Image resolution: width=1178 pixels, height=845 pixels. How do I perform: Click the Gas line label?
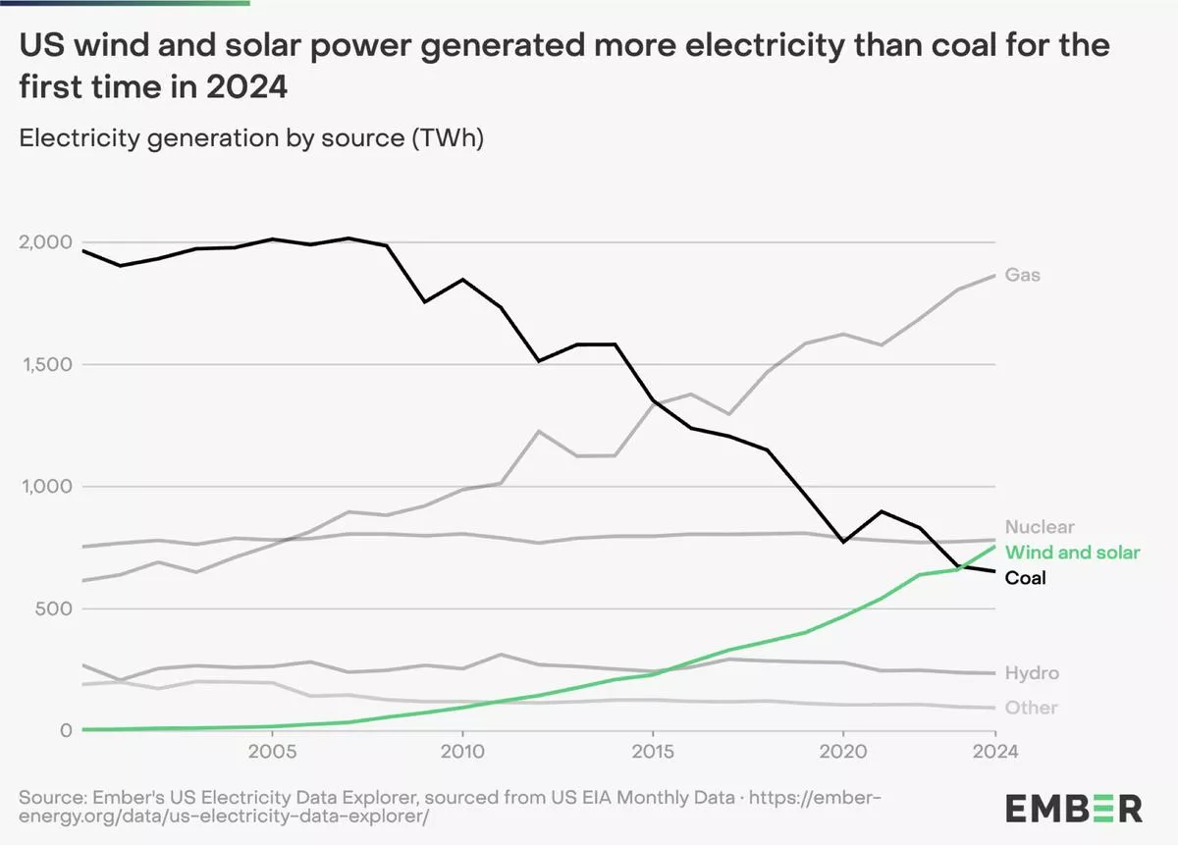pos(1023,276)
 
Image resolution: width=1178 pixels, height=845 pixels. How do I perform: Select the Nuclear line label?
pos(1040,527)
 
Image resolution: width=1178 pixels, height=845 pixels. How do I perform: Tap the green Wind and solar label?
pos(1072,553)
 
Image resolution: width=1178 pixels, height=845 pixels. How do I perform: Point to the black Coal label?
pos(1025,578)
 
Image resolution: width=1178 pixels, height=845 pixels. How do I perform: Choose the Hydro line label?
pos(1032,674)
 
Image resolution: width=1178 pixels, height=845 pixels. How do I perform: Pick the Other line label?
pos(1031,708)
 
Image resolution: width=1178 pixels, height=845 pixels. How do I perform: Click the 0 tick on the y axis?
pos(66,730)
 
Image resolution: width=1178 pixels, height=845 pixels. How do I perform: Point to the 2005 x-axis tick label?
pos(272,752)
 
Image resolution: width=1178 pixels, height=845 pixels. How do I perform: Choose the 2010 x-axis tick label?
pos(461,752)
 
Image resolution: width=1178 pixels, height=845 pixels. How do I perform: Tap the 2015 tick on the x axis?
pos(652,752)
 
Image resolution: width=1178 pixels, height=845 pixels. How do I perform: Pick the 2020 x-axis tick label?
pos(842,752)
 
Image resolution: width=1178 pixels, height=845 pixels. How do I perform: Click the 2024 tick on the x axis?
pos(994,752)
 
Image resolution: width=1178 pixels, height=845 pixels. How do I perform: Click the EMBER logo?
pos(1073,809)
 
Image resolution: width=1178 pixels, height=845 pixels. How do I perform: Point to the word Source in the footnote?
pos(49,796)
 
